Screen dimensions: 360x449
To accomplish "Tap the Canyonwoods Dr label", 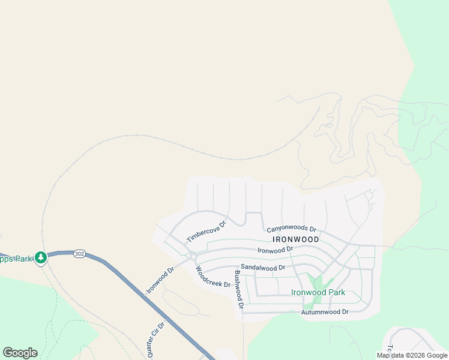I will (291, 229).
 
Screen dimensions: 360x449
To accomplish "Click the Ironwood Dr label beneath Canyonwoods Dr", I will (275, 250).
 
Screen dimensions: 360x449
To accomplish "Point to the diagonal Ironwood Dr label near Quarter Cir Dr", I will (160, 280).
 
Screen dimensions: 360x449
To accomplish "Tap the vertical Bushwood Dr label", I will (238, 290).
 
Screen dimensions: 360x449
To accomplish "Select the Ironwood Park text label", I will (318, 293).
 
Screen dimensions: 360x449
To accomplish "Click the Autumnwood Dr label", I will (325, 312).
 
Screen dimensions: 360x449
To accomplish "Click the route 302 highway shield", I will (79, 254).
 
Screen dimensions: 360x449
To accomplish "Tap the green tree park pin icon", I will (41, 258).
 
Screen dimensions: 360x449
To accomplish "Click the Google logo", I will (20, 353).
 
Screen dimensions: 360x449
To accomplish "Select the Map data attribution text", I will (412, 355).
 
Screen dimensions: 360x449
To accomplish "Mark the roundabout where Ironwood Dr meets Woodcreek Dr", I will (193, 256).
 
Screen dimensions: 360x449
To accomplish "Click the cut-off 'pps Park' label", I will (15, 259).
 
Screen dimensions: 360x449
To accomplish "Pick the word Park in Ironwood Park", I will (334, 293).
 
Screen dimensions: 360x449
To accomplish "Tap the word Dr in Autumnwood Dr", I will (345, 312).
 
